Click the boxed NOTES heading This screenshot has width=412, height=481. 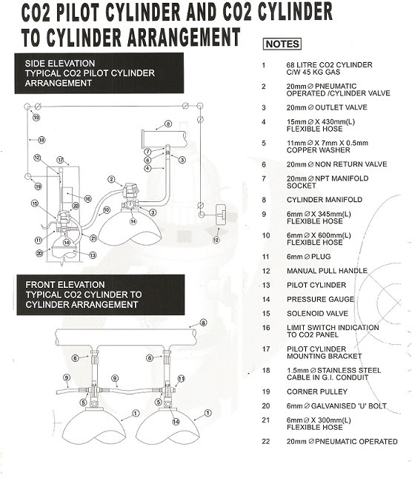pyautogui.click(x=282, y=44)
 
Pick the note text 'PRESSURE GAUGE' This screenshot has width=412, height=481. pyautogui.click(x=311, y=300)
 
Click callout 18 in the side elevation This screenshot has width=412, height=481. pyautogui.click(x=41, y=139)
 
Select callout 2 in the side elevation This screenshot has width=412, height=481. pyautogui.click(x=110, y=179)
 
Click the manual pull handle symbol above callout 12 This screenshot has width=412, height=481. pyautogui.click(x=220, y=215)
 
